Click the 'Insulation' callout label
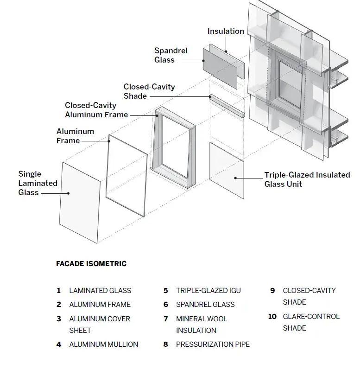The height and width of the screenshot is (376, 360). (226, 32)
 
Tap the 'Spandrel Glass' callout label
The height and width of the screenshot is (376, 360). (171, 55)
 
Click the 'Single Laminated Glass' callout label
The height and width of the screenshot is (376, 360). (38, 183)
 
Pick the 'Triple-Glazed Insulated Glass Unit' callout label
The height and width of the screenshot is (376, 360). (307, 179)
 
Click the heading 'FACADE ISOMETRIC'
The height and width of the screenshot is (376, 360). (91, 264)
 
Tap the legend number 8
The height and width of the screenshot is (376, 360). (165, 344)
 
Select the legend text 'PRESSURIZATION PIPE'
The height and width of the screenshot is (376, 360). (213, 344)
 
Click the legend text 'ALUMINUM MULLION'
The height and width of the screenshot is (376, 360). (103, 344)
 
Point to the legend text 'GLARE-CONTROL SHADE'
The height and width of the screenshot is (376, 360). (311, 322)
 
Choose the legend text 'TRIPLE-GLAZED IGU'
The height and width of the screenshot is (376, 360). (208, 291)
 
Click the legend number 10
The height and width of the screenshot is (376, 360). (272, 317)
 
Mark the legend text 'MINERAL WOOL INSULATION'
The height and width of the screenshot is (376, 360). (202, 325)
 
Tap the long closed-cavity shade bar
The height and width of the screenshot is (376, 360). (227, 106)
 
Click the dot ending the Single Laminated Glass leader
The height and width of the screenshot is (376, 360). (69, 193)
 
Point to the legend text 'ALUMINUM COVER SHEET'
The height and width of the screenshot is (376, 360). (100, 325)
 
